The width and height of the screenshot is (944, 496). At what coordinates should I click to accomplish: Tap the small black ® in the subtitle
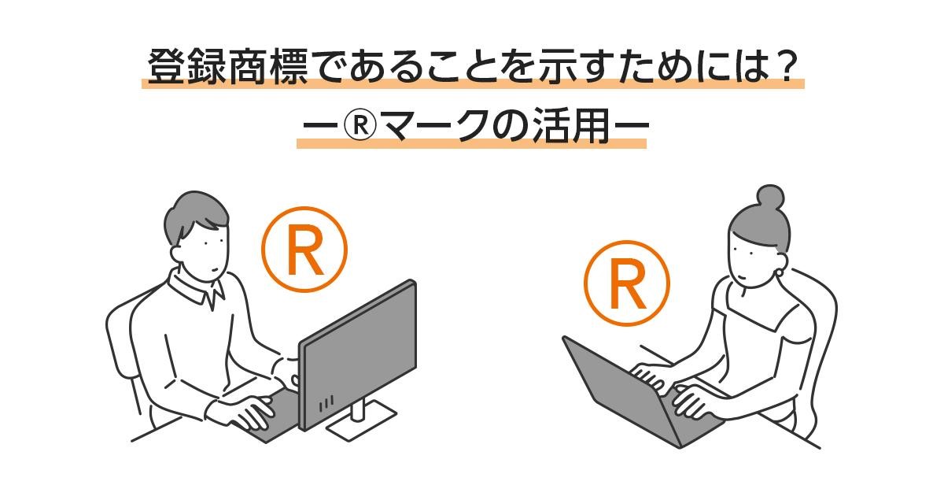pos(360,125)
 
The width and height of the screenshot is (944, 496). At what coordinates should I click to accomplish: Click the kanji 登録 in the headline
pos(187,68)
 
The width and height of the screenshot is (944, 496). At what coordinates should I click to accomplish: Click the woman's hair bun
pos(771,198)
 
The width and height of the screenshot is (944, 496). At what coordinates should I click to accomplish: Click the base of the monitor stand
pos(362,422)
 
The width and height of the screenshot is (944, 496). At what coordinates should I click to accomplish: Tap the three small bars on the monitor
pos(326,403)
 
